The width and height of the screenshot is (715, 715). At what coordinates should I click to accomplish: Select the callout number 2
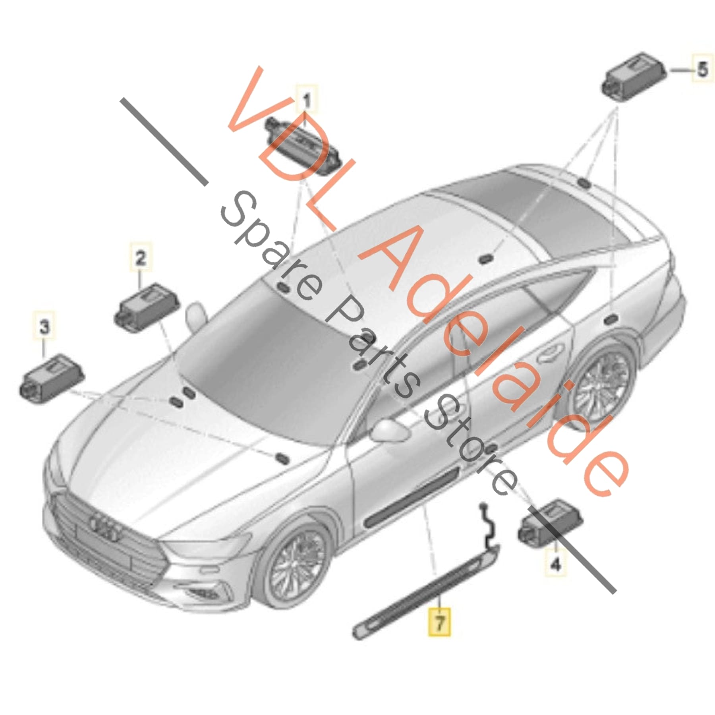[x=141, y=259]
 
